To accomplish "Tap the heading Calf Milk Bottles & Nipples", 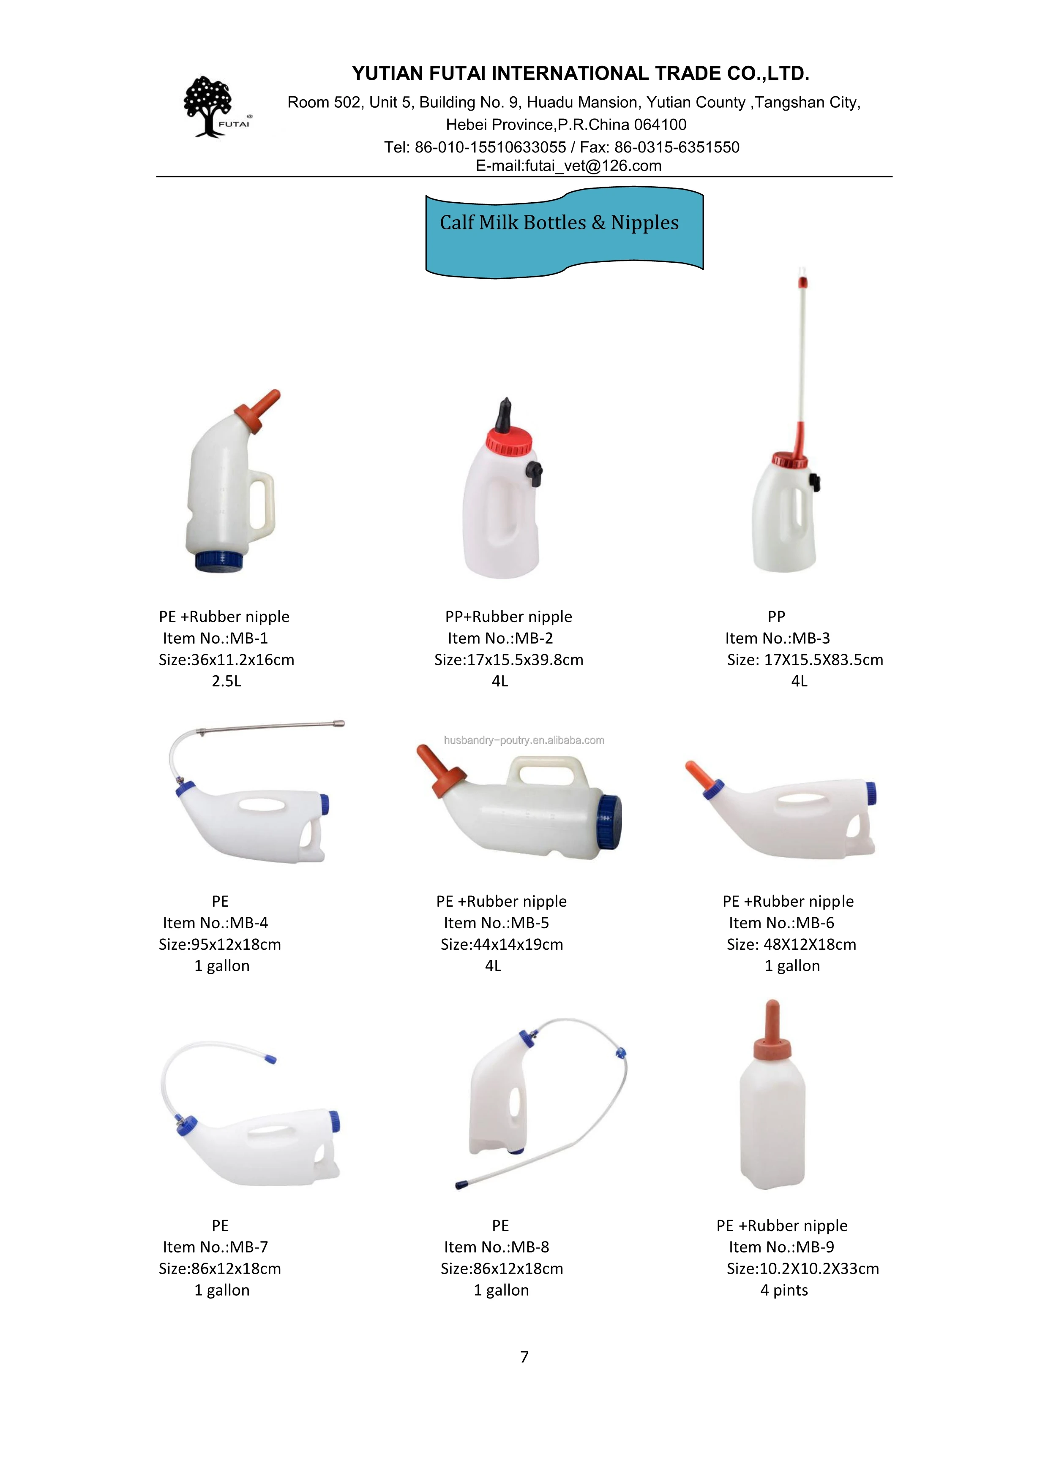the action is click(x=559, y=223).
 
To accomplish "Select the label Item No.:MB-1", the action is click(x=215, y=638).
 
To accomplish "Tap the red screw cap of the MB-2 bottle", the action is click(x=509, y=440).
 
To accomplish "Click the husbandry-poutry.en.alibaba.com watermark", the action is click(x=524, y=741).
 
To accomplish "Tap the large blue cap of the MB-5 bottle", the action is click(x=609, y=821).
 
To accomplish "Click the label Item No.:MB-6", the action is click(x=781, y=923).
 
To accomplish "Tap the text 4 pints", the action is click(x=784, y=1290).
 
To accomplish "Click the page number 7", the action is click(x=524, y=1356).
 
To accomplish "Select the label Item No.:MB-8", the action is click(x=496, y=1247).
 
